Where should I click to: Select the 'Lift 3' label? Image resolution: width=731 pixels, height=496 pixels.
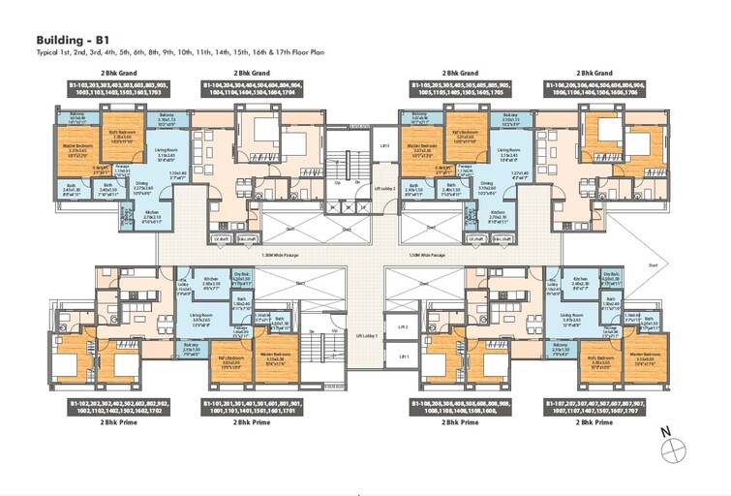coord(385,143)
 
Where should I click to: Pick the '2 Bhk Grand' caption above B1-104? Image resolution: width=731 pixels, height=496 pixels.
coord(252,73)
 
